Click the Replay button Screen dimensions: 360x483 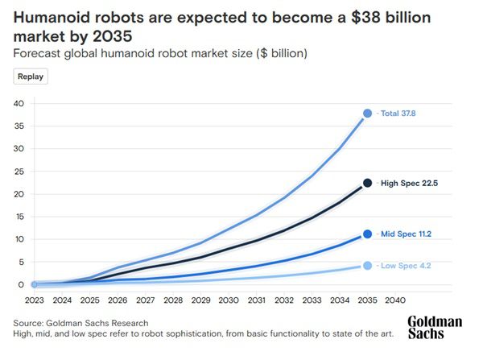click(x=31, y=77)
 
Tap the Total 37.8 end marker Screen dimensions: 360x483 click(x=367, y=114)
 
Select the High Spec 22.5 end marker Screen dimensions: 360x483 click(x=367, y=183)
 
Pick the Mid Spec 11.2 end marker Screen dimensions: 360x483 click(x=367, y=234)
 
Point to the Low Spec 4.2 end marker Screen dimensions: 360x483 click(x=367, y=266)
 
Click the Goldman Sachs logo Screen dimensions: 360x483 click(x=435, y=327)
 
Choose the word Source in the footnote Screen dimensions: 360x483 click(x=31, y=322)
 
